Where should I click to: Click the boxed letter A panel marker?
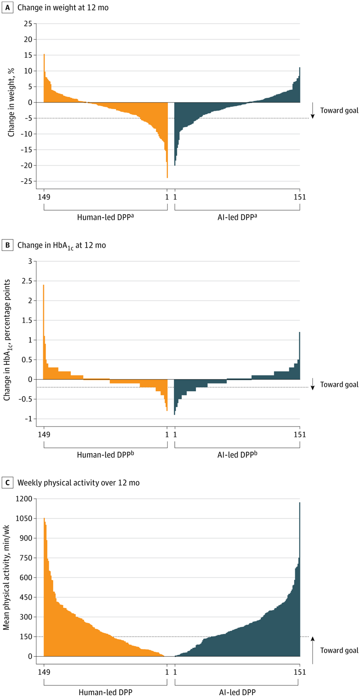(8, 8)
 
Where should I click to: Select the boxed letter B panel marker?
(8, 245)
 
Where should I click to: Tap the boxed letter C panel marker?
(8, 482)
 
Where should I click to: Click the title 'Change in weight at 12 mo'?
(63, 8)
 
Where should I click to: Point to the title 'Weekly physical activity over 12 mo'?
(78, 482)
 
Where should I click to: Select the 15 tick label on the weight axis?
(28, 55)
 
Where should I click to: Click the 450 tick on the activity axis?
(26, 597)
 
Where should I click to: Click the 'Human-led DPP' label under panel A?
(105, 217)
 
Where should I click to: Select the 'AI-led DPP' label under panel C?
(237, 692)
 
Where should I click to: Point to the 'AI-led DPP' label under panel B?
(237, 454)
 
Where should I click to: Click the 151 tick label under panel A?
(300, 197)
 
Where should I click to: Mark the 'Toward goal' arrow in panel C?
(312, 650)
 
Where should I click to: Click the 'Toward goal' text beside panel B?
(339, 384)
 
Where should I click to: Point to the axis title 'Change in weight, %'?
(11, 102)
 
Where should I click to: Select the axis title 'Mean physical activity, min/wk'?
(6, 578)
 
